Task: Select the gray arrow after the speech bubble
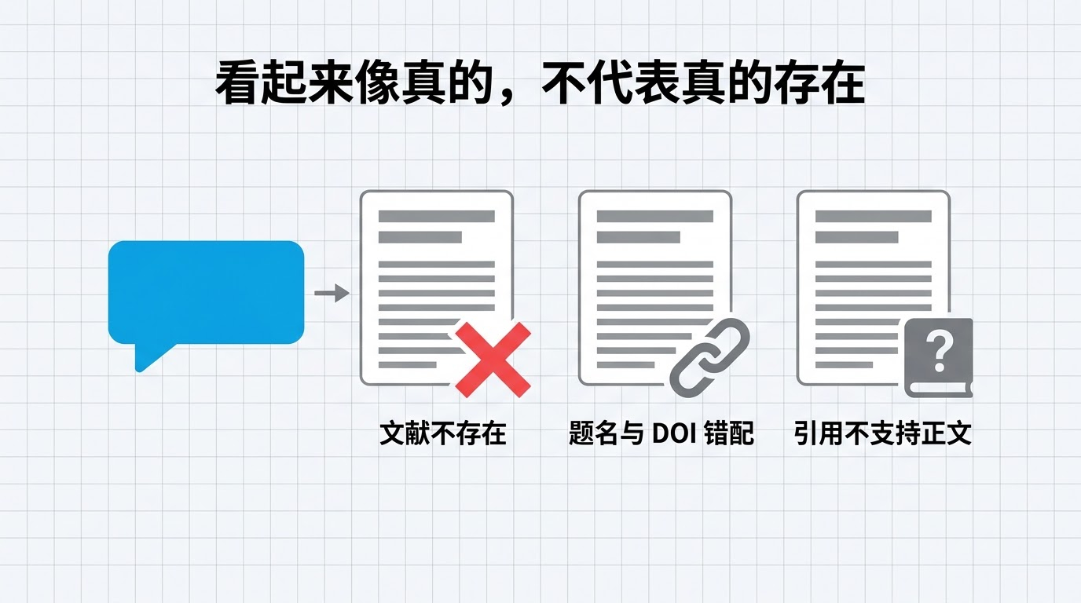[332, 293]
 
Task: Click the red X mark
[493, 360]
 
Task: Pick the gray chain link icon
[709, 358]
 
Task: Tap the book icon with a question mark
[938, 358]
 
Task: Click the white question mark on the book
[939, 353]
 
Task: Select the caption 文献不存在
[442, 433]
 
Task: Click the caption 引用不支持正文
[883, 433]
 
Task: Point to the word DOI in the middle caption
[674, 433]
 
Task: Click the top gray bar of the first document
[436, 216]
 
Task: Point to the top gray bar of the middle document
[655, 216]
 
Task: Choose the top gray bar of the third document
[874, 216]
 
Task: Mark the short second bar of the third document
[856, 237]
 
